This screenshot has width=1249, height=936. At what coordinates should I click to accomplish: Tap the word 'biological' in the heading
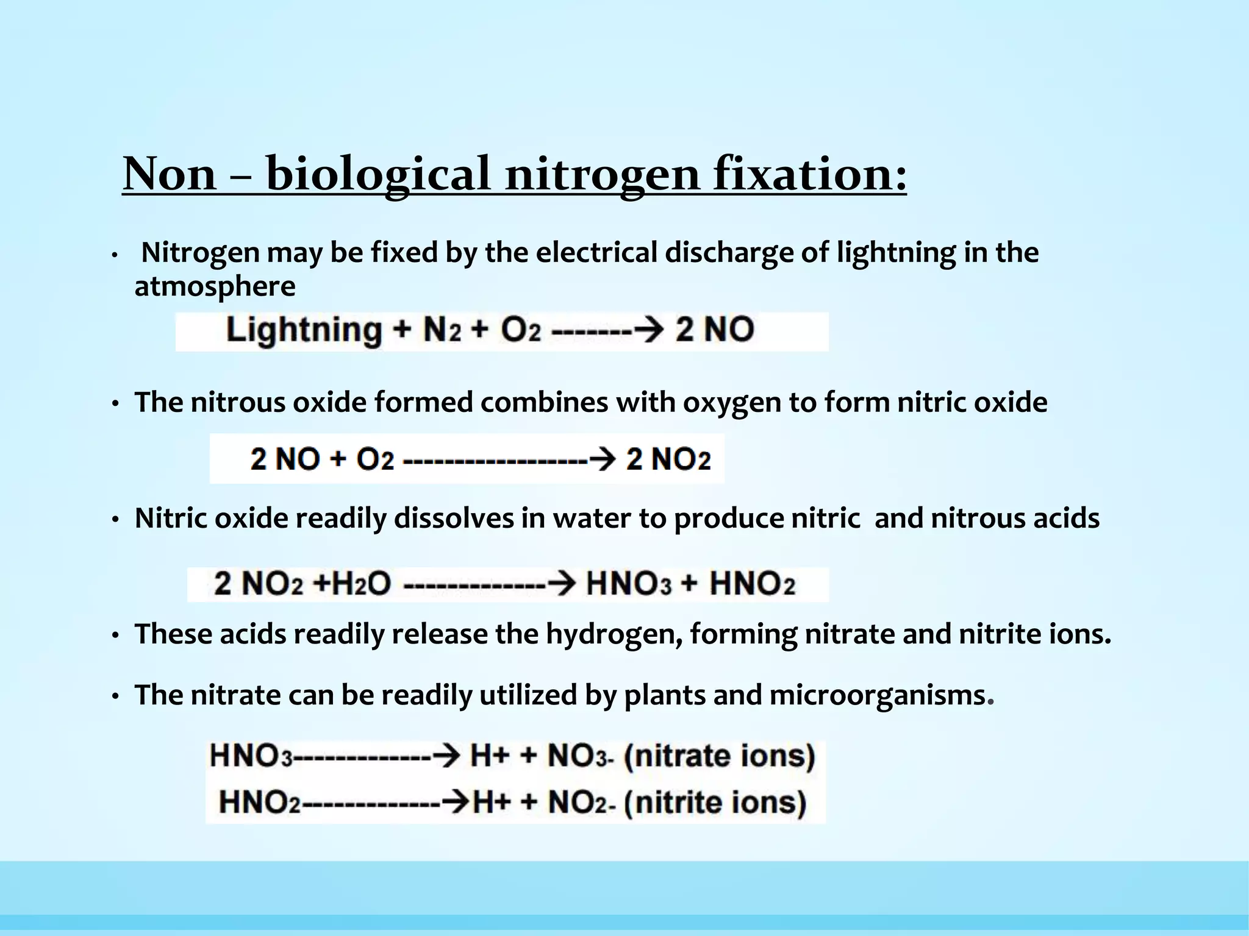pyautogui.click(x=378, y=174)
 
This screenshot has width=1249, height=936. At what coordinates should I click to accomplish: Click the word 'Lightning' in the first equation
pyautogui.click(x=304, y=331)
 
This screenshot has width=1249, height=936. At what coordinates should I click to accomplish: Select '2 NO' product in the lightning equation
pyautogui.click(x=715, y=330)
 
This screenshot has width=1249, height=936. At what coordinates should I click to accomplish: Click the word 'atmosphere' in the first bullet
pyautogui.click(x=215, y=286)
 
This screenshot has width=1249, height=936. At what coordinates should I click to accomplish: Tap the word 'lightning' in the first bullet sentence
pyautogui.click(x=895, y=253)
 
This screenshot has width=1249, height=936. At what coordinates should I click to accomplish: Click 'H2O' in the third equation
pyautogui.click(x=358, y=584)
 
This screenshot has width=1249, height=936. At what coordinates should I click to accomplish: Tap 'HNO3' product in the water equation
pyautogui.click(x=628, y=584)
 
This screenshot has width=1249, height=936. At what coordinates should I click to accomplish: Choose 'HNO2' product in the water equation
pyautogui.click(x=753, y=584)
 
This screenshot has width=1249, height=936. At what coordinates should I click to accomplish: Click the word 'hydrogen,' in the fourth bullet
pyautogui.click(x=614, y=634)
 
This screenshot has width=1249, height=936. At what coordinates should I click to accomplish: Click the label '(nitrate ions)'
pyautogui.click(x=720, y=756)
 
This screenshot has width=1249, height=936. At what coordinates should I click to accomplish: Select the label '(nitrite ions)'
pyautogui.click(x=715, y=803)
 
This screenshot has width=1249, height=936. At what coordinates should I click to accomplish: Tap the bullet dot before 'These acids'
pyautogui.click(x=115, y=636)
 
